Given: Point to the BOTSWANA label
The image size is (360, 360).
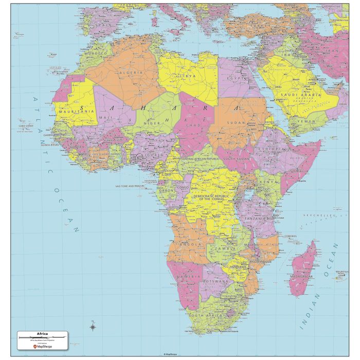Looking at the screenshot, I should click(x=215, y=282).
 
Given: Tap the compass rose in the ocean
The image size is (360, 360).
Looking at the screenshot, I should click(x=93, y=326).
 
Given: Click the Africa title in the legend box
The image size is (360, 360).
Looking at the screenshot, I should click(x=43, y=334).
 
